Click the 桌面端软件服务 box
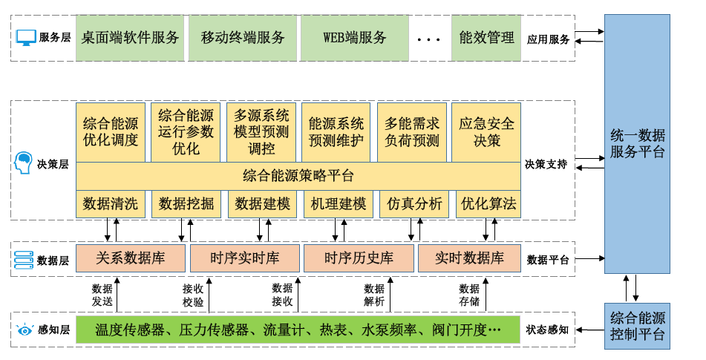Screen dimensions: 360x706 point(130,38)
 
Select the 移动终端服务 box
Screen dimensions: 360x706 point(243,38)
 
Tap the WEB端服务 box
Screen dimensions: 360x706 point(354,38)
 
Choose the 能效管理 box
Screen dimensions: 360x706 point(486,38)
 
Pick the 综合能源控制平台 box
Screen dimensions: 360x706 point(638,326)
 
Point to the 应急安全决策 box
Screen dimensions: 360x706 point(486,131)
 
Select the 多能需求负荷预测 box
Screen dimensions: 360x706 point(412,131)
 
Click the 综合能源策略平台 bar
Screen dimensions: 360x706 point(298,176)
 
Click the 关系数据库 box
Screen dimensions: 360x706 point(131,258)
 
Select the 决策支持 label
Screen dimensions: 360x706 point(546,164)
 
